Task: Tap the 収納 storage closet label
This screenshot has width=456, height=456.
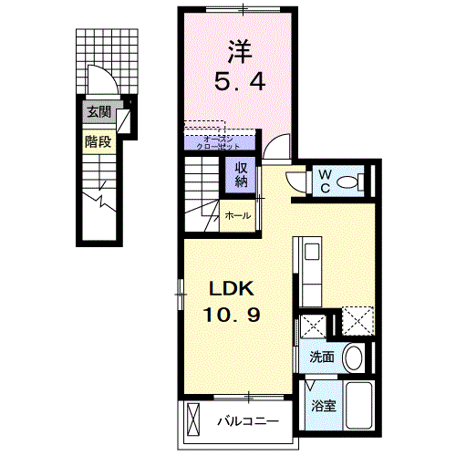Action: (x=242, y=174)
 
